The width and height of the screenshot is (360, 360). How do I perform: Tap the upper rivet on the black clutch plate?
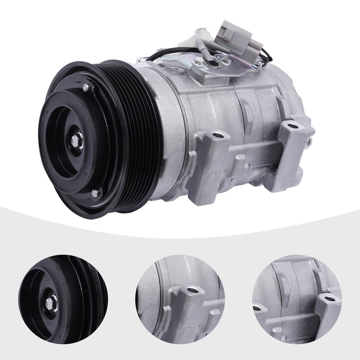(87, 87)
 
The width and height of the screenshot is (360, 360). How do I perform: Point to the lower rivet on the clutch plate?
(95, 193)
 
